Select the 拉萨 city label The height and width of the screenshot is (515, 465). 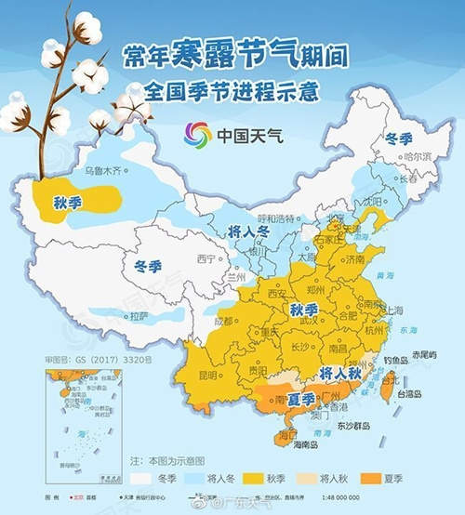[139, 316]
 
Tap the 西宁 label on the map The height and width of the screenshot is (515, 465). [206, 257]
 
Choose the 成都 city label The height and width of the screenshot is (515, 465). [223, 322]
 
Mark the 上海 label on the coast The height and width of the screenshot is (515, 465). [392, 310]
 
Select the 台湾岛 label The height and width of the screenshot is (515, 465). [411, 393]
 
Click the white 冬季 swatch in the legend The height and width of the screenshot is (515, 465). [144, 480]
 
